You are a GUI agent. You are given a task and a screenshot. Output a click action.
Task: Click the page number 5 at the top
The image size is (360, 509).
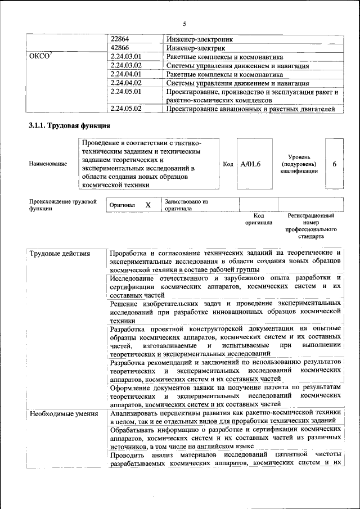[184, 24]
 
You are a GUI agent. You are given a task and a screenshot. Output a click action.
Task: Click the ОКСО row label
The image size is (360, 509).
[39, 57]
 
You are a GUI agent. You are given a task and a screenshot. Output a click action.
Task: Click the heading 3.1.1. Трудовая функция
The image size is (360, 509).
[70, 125]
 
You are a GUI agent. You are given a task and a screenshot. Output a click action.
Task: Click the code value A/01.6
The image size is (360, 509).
[250, 164]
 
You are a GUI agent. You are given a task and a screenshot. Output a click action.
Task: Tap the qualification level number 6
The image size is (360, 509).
[334, 164]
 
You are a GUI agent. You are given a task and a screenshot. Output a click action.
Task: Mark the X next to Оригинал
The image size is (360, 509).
[148, 205]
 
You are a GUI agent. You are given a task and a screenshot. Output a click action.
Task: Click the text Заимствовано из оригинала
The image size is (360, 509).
[187, 205]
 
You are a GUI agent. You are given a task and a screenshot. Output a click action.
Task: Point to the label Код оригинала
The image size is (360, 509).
[258, 219]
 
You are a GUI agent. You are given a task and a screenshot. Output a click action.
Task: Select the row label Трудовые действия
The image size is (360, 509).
[60, 254]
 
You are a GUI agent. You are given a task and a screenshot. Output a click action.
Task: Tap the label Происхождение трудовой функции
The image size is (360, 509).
[62, 205]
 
